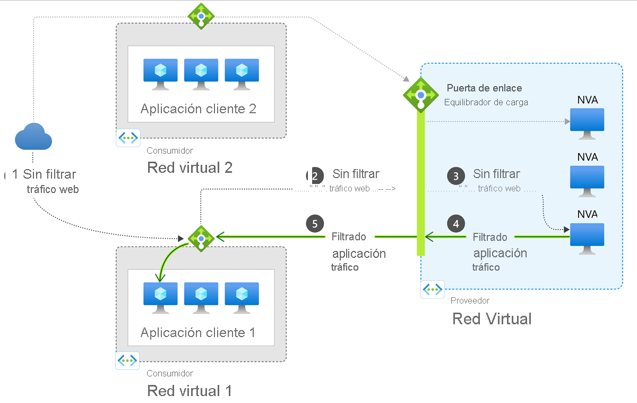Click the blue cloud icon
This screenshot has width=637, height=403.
tap(33, 137)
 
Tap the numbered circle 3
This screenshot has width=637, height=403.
tap(456, 175)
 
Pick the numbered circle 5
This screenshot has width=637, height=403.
tap(315, 223)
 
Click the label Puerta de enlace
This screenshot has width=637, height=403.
tap(484, 88)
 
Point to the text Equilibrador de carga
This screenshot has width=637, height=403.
tap(486, 102)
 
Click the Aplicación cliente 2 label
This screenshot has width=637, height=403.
tap(199, 109)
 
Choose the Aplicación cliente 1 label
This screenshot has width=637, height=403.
tap(198, 333)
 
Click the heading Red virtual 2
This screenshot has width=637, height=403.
tap(190, 167)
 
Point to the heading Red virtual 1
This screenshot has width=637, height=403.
tap(190, 391)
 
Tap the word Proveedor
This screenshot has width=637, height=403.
tap(470, 300)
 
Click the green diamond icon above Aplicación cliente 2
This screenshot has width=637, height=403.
tap(201, 16)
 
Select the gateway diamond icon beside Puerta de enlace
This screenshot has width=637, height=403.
tap(421, 95)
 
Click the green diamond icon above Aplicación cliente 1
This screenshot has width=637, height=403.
tap(201, 238)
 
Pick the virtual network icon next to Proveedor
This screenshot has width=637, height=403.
tap(433, 290)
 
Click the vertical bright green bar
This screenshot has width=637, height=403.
tap(421, 186)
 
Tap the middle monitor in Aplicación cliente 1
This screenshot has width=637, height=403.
tap(201, 295)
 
